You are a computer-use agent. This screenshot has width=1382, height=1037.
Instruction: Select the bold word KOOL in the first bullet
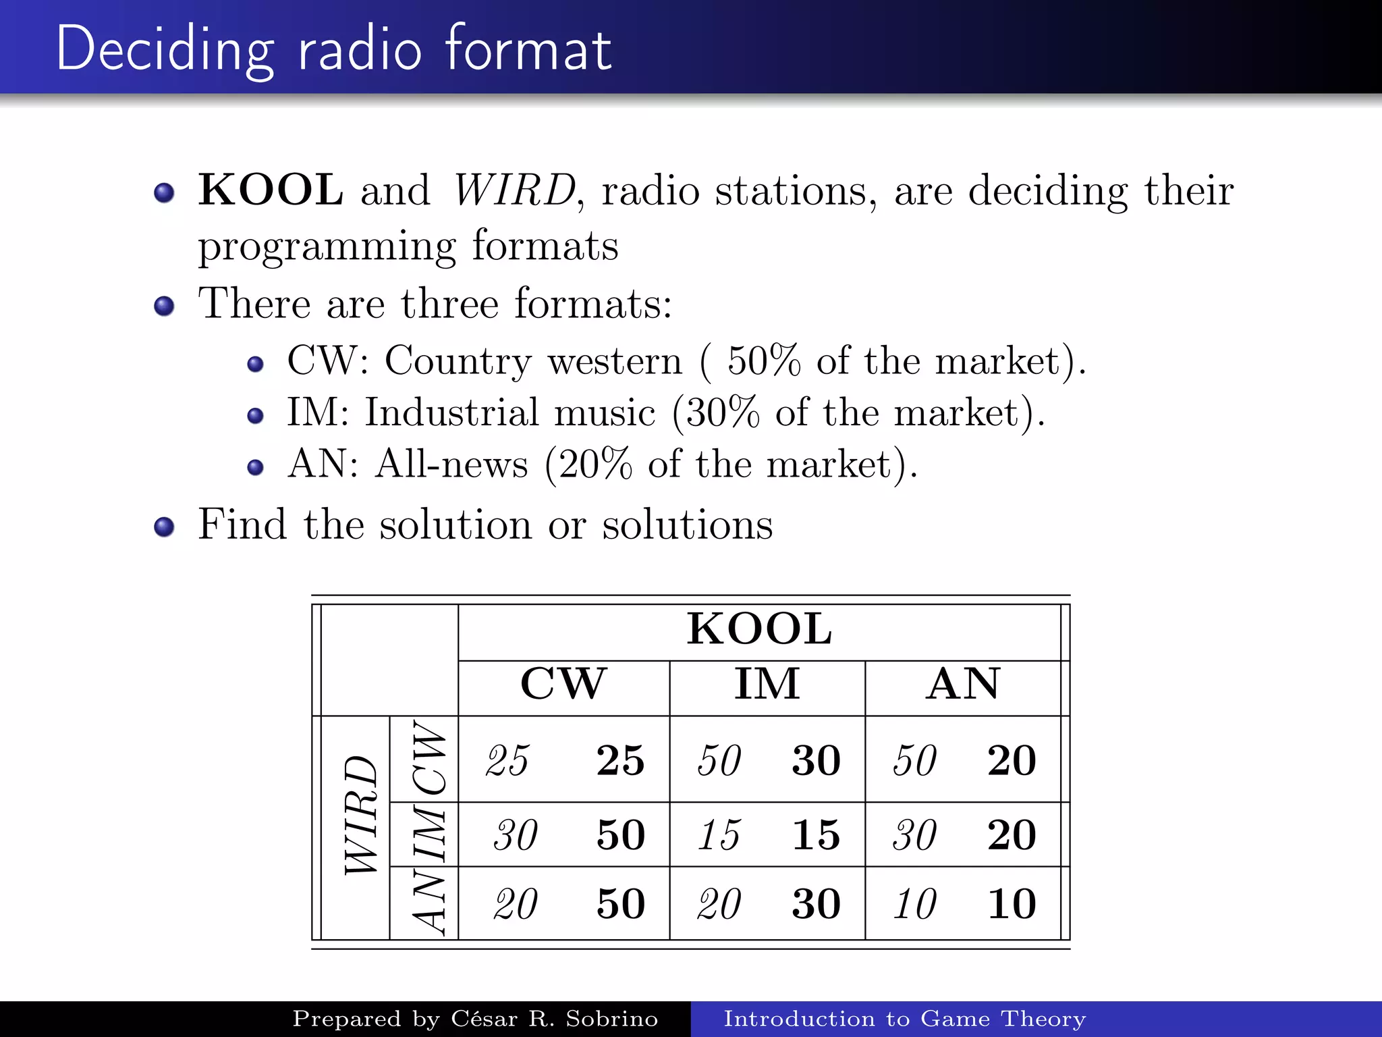click(x=271, y=190)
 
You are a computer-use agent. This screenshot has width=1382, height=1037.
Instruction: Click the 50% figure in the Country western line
click(x=764, y=361)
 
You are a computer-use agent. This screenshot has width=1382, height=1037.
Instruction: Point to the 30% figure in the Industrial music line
click(x=722, y=413)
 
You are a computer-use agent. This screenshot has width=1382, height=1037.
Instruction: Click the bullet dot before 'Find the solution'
click(x=164, y=527)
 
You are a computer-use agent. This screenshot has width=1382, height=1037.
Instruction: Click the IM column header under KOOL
click(x=767, y=684)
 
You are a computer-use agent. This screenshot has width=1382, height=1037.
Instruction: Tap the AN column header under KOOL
click(x=963, y=684)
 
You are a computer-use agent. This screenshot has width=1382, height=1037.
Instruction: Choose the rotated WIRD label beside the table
click(x=360, y=816)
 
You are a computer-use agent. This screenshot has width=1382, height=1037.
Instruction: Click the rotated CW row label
click(x=429, y=757)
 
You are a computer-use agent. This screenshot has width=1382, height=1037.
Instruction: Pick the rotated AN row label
click(x=429, y=903)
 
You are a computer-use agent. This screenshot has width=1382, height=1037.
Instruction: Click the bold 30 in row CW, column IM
click(x=817, y=760)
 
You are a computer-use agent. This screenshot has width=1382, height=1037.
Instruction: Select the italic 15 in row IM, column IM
click(x=719, y=835)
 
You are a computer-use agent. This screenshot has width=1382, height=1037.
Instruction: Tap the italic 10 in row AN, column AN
click(x=915, y=904)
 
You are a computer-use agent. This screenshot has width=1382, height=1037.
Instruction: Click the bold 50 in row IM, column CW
click(x=621, y=835)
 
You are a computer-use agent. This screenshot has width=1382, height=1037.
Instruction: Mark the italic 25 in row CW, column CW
click(x=507, y=760)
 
